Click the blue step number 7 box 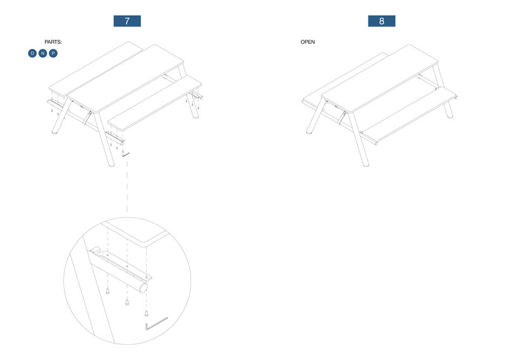point(127,21)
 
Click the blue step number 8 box point(381,21)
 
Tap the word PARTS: point(53,42)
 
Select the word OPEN point(308,42)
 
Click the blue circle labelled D point(32,53)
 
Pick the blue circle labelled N point(43,53)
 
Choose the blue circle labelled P point(53,53)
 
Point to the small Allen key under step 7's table point(126,155)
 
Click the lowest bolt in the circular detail point(146,313)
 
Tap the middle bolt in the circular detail point(127,302)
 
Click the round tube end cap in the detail point(143,288)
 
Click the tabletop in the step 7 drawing point(125,78)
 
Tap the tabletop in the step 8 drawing point(380,78)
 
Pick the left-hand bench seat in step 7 point(96,68)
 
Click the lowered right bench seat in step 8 point(409,113)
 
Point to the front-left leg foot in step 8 point(310,132)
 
